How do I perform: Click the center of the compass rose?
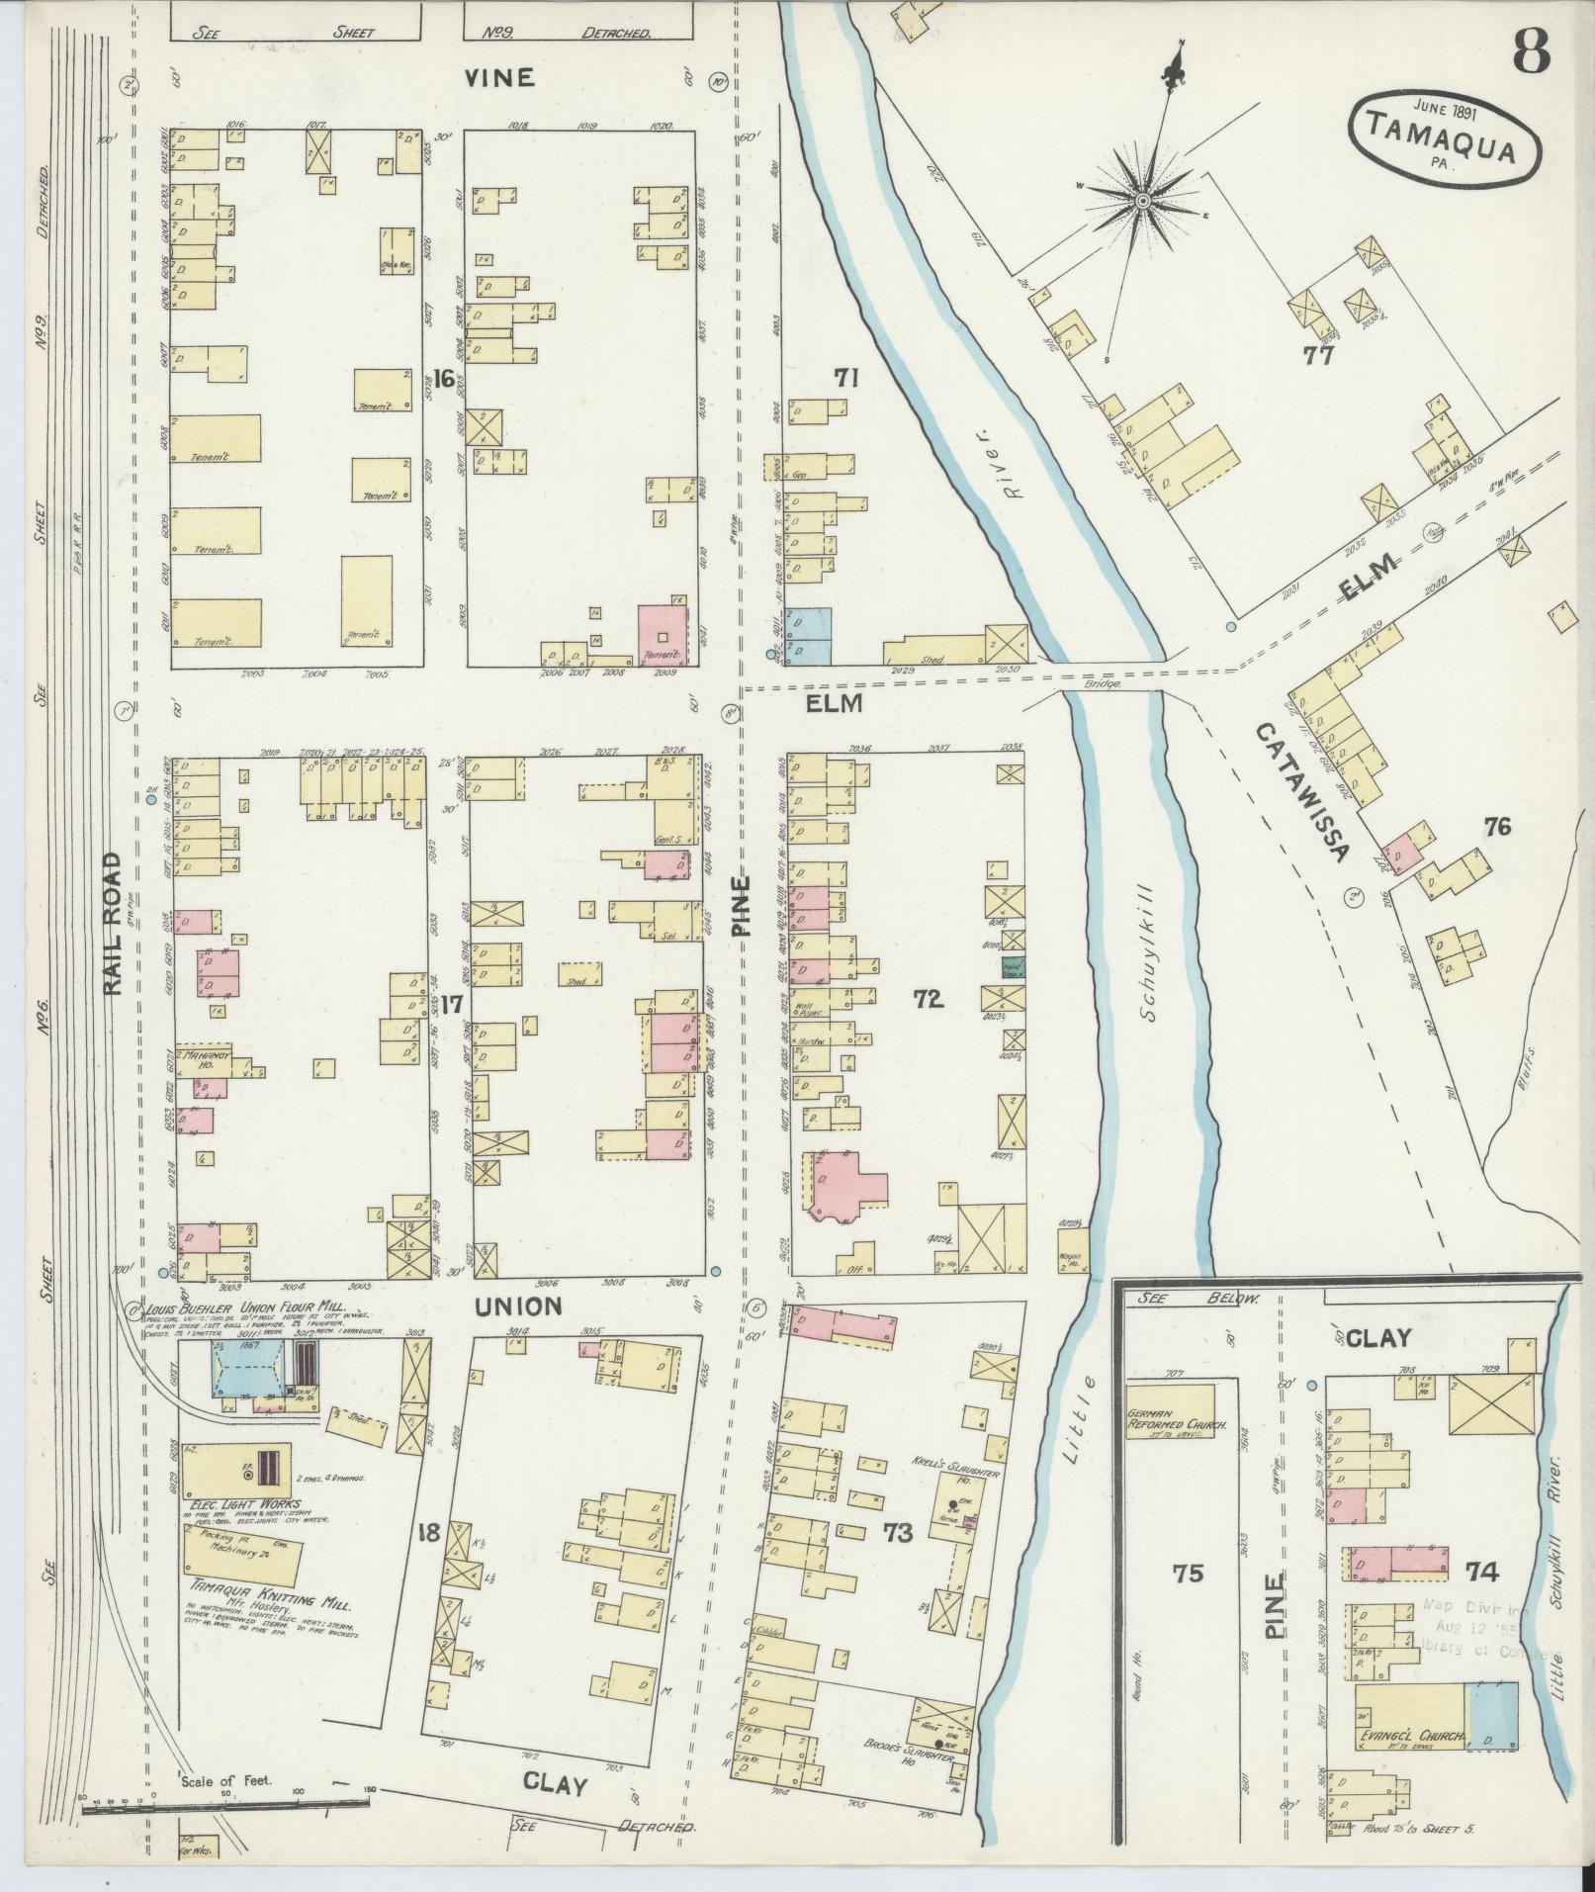(1142, 202)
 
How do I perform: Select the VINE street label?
(501, 77)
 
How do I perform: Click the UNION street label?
(519, 1306)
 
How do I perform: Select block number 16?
(443, 378)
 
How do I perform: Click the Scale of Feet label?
(227, 1781)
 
